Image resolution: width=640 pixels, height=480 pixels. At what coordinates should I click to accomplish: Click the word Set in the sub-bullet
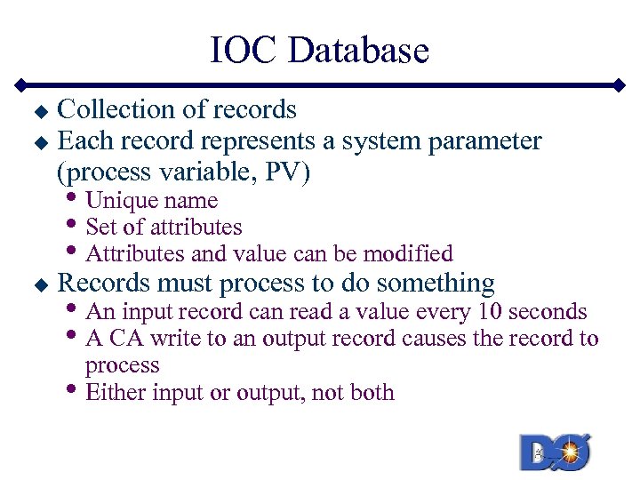pos(100,228)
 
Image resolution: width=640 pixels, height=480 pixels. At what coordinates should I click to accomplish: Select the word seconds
pos(547,311)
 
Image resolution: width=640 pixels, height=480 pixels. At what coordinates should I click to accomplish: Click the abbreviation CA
pos(126,339)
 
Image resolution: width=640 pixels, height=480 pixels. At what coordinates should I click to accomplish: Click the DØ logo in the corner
pos(556,452)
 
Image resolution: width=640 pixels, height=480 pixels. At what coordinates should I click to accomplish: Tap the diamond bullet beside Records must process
pos(38,285)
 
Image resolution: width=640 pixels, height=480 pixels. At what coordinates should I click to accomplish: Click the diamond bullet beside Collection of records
pos(38,112)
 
